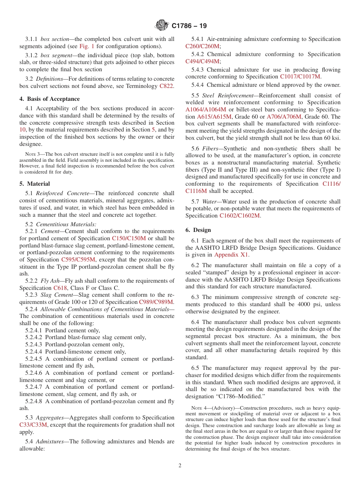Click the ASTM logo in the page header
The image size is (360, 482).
tap(162, 25)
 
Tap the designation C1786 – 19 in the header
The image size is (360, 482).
tap(189, 26)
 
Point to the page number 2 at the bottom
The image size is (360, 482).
tap(180, 465)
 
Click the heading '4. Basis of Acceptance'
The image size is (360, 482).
tap(50, 99)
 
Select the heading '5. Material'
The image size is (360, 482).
tap(34, 184)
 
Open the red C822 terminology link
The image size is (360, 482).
tap(166, 86)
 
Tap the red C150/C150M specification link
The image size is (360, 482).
tap(129, 238)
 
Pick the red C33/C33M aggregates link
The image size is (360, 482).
tap(33, 425)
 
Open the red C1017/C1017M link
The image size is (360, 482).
tap(300, 77)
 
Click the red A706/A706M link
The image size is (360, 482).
tap(284, 117)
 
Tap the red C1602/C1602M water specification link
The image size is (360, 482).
tap(239, 216)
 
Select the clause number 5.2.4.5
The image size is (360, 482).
tap(35, 359)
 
